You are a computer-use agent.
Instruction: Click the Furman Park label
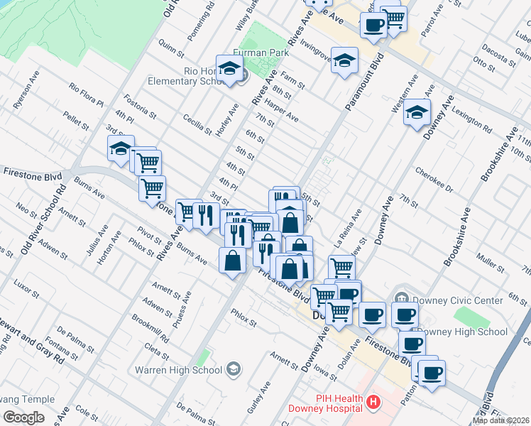pos(254,53)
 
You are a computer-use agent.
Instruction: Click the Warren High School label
pos(186,370)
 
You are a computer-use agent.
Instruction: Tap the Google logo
pos(23,417)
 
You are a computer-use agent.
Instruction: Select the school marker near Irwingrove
pos(344,61)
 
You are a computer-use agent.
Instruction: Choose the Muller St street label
pos(491,259)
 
